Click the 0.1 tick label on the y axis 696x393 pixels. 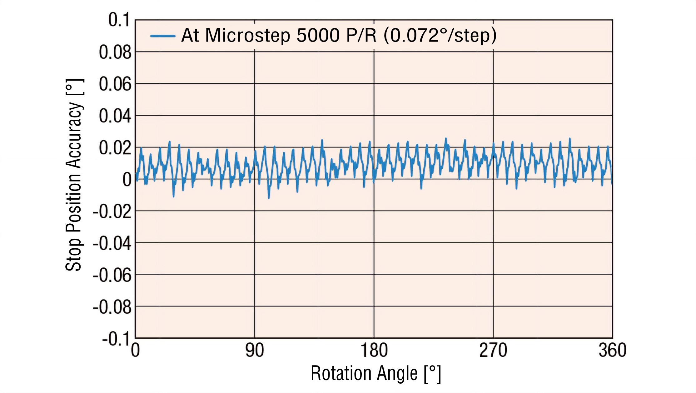click(119, 20)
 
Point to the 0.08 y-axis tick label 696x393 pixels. click(115, 52)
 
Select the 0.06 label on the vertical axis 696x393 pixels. click(115, 84)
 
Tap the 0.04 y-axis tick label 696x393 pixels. click(115, 116)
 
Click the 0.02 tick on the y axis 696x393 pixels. click(115, 148)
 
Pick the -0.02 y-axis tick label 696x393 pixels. click(112, 212)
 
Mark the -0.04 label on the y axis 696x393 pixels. click(112, 243)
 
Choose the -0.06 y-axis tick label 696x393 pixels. click(112, 275)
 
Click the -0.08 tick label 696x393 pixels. click(112, 307)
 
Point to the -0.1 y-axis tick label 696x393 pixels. click(116, 339)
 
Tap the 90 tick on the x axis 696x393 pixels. click(255, 350)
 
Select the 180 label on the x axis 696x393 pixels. click(374, 350)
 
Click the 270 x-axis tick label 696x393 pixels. click(493, 350)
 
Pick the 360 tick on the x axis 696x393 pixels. click(612, 350)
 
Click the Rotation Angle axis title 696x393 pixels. click(376, 373)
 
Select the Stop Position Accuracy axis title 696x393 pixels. click(74, 175)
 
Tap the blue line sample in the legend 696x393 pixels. click(162, 36)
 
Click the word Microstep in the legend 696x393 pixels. click(248, 36)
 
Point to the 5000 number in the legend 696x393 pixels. click(318, 35)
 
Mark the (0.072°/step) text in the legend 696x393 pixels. click(440, 36)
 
